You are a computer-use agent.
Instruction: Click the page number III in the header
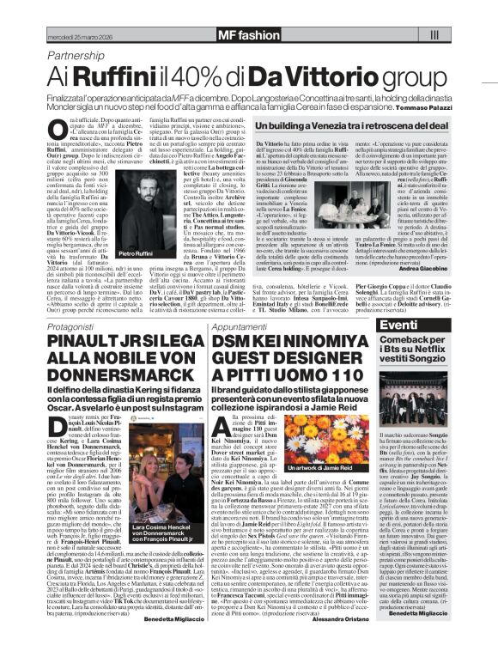pos(434,35)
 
